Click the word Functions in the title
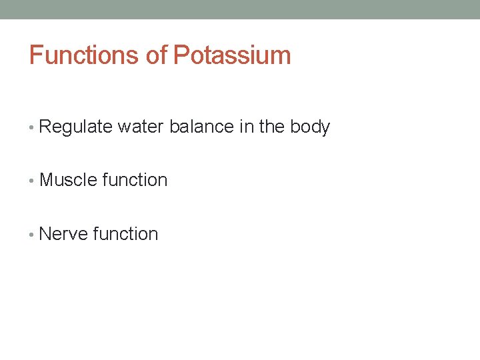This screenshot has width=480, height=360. pos(85,55)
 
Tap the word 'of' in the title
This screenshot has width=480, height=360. pos(157,55)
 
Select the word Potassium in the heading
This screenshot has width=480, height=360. pos(232,55)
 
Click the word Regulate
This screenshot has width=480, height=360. pos(75,127)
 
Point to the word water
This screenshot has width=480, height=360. pos(141,127)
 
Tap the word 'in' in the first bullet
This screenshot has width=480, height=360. pos(247,127)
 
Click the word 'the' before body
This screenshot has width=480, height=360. pos(272,127)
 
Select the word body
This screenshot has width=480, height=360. pos(310,127)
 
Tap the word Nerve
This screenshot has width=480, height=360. pos(64,234)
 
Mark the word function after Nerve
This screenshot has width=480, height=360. pos(126,234)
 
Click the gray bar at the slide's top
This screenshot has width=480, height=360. pos(240,9)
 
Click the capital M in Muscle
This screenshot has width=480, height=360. pos(47,180)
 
